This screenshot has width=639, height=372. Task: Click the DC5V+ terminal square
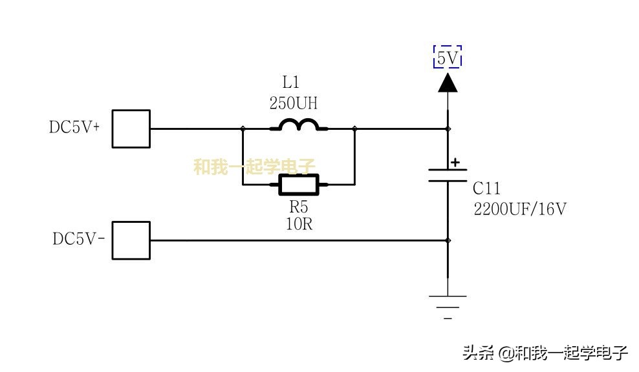tap(131, 129)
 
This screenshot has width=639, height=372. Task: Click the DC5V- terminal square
tap(131, 240)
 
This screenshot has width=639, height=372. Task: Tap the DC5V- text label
tap(78, 239)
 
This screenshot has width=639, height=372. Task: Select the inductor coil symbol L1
tap(298, 125)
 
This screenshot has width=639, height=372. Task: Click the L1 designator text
tap(291, 82)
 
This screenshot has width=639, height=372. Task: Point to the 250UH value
tap(293, 103)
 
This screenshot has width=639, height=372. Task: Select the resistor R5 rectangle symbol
tap(298, 185)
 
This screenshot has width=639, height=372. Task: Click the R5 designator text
tap(298, 207)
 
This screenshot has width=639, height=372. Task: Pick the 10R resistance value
tap(298, 223)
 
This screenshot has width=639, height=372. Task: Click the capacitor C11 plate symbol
tap(448, 175)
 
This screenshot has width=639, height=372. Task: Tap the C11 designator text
tap(486, 189)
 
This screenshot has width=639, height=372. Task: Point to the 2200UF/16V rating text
tap(521, 209)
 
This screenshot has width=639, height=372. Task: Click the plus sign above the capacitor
tap(455, 162)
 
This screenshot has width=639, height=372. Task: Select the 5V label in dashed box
tap(448, 58)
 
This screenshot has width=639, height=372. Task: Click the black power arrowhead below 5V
tap(448, 82)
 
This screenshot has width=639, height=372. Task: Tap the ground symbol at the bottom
tap(448, 302)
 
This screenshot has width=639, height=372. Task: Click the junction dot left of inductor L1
tap(243, 129)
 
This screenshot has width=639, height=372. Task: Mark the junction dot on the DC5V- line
tap(448, 240)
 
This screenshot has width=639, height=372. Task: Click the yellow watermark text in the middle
tap(254, 167)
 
